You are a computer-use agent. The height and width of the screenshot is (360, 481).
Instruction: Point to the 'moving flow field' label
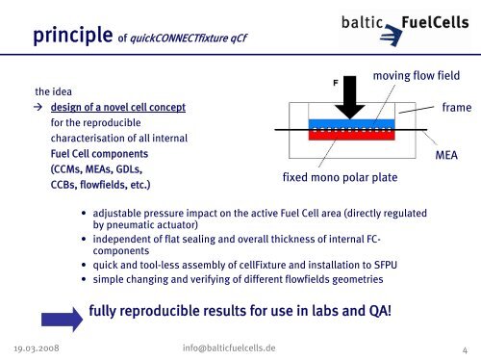point(415,75)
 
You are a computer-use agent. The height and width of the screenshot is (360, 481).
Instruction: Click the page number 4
point(464,348)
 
